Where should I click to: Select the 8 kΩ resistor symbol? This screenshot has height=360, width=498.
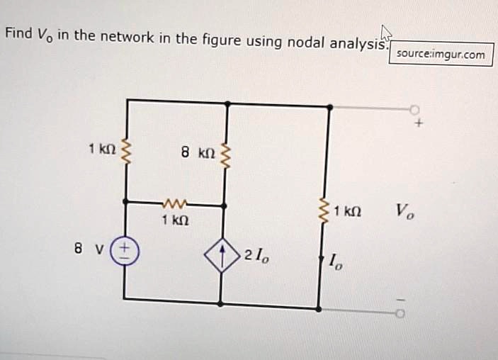point(227,152)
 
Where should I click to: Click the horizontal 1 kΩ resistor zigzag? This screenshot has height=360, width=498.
point(174,205)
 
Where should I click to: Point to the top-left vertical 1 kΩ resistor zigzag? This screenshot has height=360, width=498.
point(127,150)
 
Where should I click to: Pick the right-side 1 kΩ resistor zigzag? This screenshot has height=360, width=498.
point(327,210)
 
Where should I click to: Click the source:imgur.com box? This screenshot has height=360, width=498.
point(441,54)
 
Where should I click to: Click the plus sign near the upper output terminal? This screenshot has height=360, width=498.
point(419,123)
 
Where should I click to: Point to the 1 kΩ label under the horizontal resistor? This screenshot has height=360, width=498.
point(174,221)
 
